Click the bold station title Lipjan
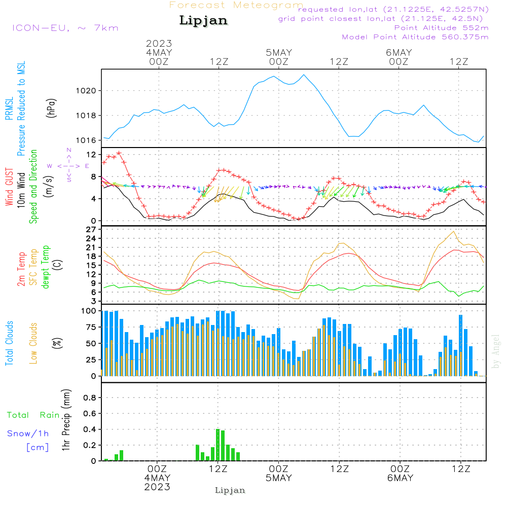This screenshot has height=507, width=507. tap(203, 21)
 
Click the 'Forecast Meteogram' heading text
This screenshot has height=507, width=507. tap(236, 5)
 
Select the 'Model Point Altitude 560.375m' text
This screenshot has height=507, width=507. tap(415, 37)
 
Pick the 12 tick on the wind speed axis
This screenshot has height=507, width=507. tap(91, 154)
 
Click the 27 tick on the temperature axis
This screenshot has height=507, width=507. tap(91, 230)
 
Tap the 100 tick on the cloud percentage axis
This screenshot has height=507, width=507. tap(89, 311)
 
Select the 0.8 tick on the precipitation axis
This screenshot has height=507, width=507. tap(90, 398)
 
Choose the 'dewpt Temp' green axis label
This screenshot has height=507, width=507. tap(46, 267)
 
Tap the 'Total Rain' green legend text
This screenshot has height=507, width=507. tap(33, 415)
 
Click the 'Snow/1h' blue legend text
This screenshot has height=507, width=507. tap(28, 433)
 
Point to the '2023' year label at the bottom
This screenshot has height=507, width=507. tap(158, 487)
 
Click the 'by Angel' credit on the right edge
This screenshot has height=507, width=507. tap(496, 351)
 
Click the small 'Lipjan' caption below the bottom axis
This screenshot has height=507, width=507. tap(230, 490)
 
